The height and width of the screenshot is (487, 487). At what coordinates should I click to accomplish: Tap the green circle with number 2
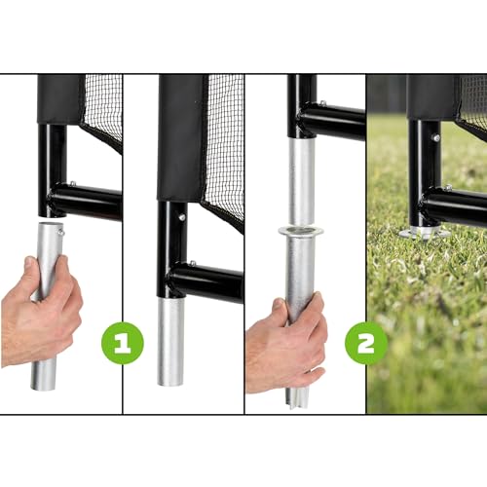[367, 344]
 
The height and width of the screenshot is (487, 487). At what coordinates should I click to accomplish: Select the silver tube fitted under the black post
[171, 341]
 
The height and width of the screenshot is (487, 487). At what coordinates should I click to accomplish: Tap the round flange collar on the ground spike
[300, 231]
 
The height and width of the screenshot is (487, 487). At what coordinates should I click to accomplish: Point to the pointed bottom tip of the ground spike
[297, 400]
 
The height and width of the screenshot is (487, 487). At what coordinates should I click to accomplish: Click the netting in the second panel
[224, 146]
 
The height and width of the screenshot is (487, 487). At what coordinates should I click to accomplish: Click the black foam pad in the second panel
[181, 136]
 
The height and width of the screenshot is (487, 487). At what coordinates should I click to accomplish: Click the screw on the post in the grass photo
[435, 137]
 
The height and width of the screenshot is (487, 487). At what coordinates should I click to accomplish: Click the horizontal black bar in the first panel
[88, 202]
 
